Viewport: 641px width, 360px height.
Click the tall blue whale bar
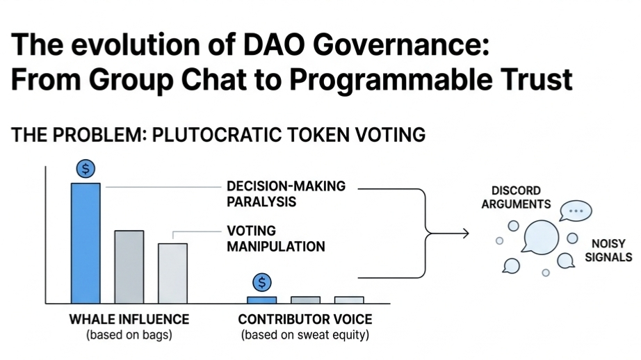(86, 243)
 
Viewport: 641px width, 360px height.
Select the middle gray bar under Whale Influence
(129, 267)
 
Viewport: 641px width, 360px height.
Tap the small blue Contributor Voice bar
(261, 300)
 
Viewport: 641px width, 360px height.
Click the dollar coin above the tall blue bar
(86, 168)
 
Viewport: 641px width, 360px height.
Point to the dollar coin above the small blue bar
(262, 282)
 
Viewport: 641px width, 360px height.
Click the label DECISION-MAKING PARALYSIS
(286, 194)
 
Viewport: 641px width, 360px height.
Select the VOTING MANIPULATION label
(276, 238)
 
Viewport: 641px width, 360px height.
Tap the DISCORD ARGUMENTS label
(516, 197)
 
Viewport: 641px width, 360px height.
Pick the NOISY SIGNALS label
(608, 250)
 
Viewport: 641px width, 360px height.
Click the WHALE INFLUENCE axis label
(129, 319)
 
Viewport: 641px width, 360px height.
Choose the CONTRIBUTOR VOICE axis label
(305, 319)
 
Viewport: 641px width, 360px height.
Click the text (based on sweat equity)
(305, 335)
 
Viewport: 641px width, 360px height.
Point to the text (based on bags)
(129, 335)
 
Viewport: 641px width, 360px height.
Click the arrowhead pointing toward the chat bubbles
(465, 234)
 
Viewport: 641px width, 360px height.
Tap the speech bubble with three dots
(576, 211)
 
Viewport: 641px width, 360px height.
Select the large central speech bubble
(540, 236)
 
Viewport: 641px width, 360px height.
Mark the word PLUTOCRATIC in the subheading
(217, 135)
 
